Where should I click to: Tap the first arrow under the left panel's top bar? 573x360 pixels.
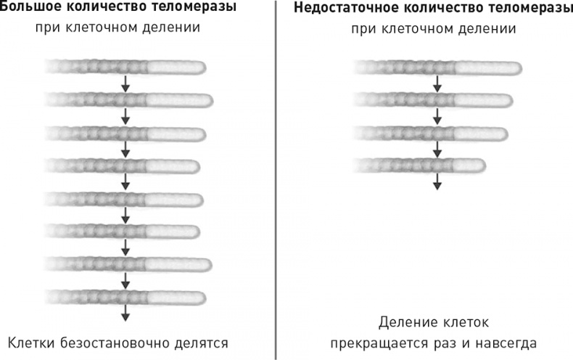(125, 83)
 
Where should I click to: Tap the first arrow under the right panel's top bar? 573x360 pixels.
(437, 83)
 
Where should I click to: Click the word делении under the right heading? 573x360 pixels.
(489, 30)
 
